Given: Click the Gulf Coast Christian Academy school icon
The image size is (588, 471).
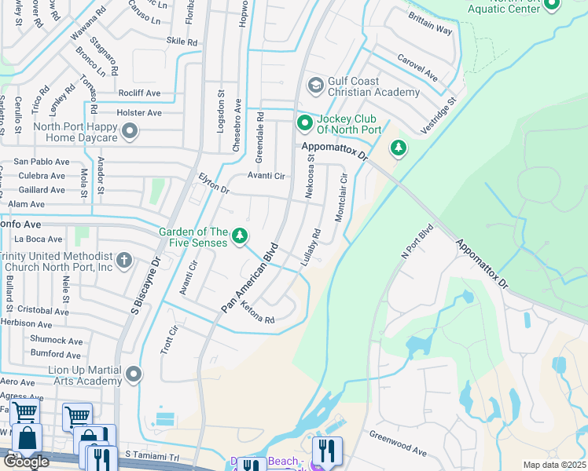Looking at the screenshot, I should point(316,85).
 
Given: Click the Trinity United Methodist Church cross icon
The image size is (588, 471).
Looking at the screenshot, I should point(123,260).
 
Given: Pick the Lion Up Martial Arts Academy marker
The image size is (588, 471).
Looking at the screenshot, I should point(133,375).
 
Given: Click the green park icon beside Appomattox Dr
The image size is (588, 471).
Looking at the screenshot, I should point(399,148).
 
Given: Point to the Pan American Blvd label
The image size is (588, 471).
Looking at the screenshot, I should point(250,277).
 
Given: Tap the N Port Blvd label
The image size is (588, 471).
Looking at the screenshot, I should point(417,244).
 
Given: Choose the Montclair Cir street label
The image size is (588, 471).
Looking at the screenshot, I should point(341,197).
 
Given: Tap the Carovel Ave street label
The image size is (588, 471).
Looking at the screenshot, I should point(417,68).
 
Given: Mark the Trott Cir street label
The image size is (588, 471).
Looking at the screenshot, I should point(164,338).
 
